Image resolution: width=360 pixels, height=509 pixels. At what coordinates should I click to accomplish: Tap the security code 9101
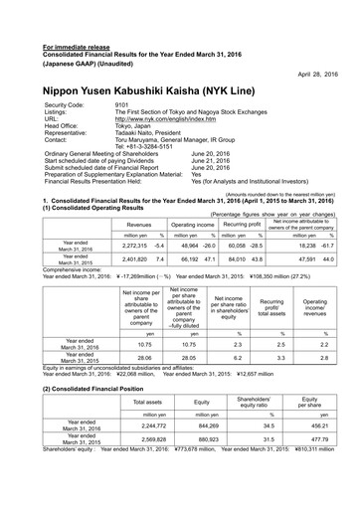(x=121, y=104)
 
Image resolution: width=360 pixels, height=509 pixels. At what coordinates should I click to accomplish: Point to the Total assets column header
(x=147, y=402)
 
